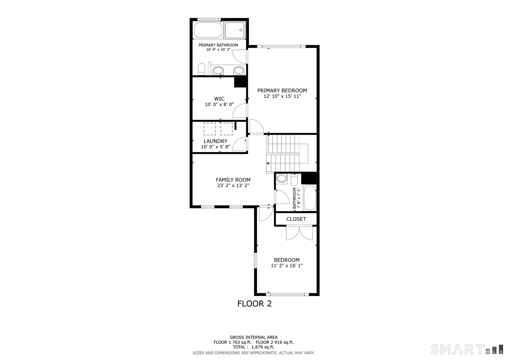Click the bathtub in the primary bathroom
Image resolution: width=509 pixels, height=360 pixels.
(208, 30)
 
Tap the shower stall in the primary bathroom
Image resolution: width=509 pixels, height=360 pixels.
(235, 30)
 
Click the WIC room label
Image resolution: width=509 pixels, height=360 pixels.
(219, 99)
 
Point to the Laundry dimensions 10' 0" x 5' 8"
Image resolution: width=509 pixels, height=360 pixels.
(216, 147)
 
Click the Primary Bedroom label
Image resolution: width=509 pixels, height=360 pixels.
(282, 91)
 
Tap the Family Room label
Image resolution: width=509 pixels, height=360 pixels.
(233, 180)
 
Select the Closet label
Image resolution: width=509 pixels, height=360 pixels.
(296, 219)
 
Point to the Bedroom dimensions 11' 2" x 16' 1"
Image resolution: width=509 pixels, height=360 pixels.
(287, 266)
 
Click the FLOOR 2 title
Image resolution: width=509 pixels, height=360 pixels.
(254, 304)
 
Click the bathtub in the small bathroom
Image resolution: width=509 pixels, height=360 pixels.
(310, 198)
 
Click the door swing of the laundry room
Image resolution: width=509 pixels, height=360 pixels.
(240, 143)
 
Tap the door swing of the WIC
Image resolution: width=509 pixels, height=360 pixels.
(240, 111)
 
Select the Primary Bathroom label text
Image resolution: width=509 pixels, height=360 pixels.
(218, 45)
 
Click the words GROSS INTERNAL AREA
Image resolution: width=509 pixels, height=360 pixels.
(254, 337)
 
